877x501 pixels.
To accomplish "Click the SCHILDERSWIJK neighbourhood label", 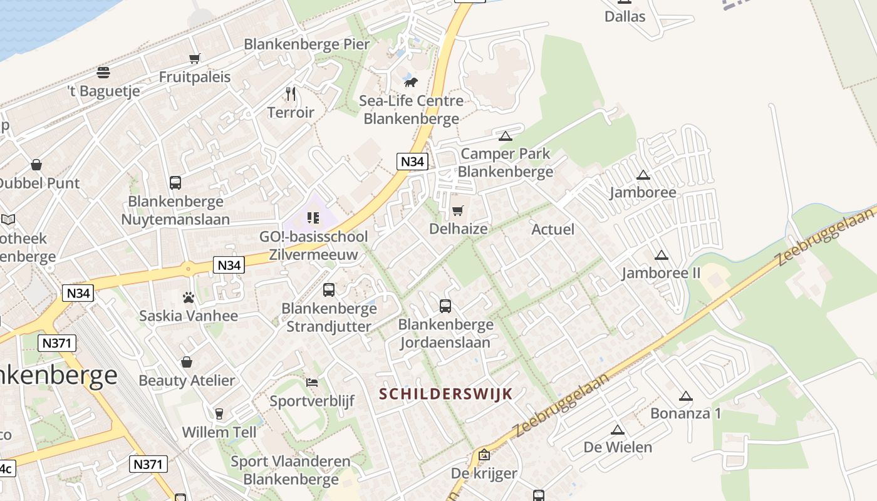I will pos(446,394).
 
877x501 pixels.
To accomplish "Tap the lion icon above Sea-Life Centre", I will pos(411,82).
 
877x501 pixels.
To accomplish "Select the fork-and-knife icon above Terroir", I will pos(291,94).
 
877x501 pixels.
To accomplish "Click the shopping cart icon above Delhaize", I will pos(458,210).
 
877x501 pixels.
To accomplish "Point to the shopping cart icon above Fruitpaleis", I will pos(194,59).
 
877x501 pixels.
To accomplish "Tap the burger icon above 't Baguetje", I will pos(103,73).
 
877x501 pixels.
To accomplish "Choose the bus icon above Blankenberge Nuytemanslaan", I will pos(175,183).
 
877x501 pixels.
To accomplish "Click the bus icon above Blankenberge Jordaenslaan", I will pos(445,306).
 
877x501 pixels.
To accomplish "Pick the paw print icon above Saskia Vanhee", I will pos(189,297).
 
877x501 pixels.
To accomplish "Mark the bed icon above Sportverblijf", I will pos(312,383).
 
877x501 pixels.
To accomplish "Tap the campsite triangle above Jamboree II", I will pos(661,256).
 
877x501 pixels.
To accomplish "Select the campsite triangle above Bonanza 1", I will pos(686,396).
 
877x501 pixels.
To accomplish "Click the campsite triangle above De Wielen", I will pos(618,430).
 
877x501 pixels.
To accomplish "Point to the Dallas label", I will pos(625,17).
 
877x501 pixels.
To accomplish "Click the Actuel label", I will pos(553,229).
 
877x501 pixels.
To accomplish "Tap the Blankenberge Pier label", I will pos(307,44).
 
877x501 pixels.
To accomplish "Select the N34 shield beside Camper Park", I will pos(412,162).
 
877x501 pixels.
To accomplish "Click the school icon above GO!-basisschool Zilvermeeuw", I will pos(313,218).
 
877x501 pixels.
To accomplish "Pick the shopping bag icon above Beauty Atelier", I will pos(187,362).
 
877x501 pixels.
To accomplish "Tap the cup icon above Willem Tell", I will pos(219,414).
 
